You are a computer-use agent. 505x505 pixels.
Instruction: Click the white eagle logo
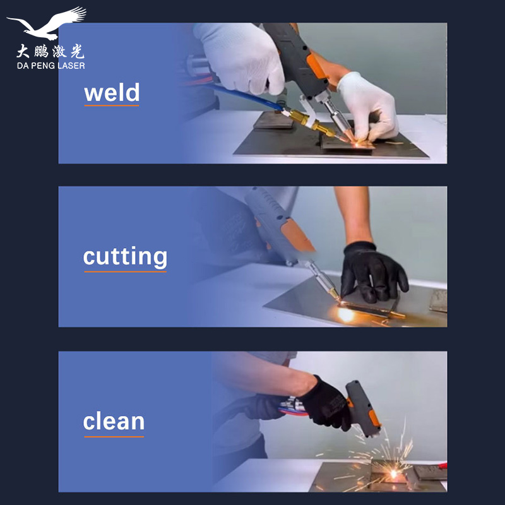click(49, 24)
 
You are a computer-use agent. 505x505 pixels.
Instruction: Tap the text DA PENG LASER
click(51, 66)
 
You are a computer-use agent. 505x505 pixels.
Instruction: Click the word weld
click(112, 92)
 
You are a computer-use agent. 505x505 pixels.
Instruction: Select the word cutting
click(125, 257)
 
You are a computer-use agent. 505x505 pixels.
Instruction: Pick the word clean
click(114, 421)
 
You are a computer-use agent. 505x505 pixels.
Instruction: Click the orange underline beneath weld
click(112, 105)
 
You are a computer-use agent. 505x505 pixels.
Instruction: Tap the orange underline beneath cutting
click(125, 271)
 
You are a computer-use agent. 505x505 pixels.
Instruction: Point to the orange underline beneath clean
click(114, 437)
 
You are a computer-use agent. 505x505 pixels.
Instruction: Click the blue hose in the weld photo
click(245, 96)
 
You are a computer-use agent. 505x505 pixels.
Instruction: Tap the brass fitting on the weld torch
click(310, 123)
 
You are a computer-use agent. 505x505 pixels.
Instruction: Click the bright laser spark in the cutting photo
click(346, 314)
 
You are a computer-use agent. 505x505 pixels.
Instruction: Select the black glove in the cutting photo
click(373, 273)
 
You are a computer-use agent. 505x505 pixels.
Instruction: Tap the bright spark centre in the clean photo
click(393, 473)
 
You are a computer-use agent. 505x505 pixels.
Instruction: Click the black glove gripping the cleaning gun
click(326, 403)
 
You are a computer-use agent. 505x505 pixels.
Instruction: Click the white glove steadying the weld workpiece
click(368, 107)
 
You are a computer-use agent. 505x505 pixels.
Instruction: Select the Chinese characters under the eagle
click(50, 51)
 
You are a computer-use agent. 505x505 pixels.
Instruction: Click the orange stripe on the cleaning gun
click(374, 417)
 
